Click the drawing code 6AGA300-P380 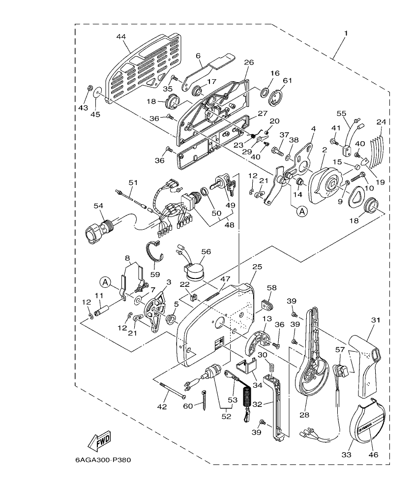pos(103,461)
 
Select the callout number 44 pos(121,37)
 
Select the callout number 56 pos(206,251)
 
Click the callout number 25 pos(257,266)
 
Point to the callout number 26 pos(249,62)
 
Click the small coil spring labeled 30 pos(269,367)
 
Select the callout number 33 pos(347,455)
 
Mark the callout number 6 pos(199,57)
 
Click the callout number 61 pos(287,80)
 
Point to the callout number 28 pos(304,415)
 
